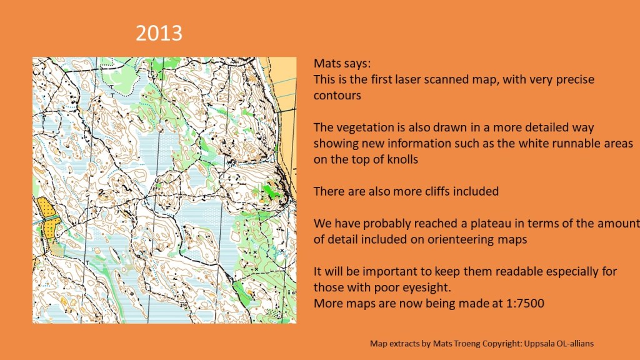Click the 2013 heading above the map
[x=159, y=33]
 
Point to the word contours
[x=337, y=96]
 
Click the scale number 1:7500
[x=524, y=304]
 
